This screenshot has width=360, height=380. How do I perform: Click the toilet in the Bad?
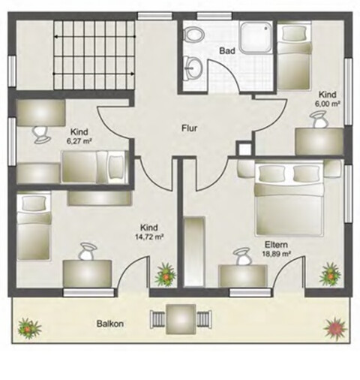pos(193,34)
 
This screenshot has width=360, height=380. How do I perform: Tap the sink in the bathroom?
pos(193,68)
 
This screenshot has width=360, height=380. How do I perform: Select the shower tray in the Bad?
pos(256,37)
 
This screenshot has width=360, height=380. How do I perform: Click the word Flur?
pos(189,128)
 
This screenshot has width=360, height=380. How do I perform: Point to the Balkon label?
pos(110,324)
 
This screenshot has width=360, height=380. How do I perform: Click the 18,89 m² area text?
pos(276,254)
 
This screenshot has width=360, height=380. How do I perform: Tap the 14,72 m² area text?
pos(149,237)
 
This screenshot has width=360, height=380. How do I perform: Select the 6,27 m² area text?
pos(79,141)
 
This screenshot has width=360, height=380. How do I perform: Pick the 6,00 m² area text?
pos(328,104)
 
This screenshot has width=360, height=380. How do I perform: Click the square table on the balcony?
pos(181,319)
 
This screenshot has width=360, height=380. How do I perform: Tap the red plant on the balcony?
pos(335,328)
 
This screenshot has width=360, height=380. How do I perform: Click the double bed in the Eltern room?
pos(289,199)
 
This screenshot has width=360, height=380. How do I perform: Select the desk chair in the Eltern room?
pos(241,256)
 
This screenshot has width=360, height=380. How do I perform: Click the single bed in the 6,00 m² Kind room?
pos(294,56)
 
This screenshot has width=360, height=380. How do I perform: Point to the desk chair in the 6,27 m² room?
pos(41,134)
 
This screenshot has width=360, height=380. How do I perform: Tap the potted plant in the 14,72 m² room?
pos(165,275)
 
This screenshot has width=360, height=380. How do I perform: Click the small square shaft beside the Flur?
pos(245,149)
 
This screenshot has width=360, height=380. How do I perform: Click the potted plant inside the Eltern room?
pos(331,274)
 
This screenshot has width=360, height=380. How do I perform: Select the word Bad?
pos(227,51)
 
